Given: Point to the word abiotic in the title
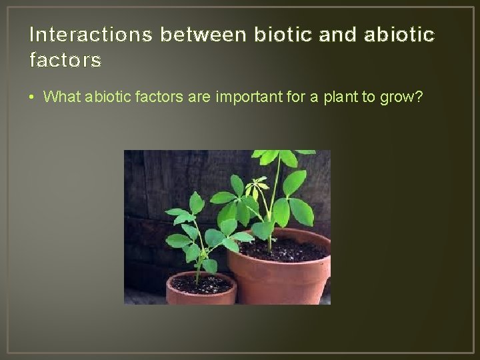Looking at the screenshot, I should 397,34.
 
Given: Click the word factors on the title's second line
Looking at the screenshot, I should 65,61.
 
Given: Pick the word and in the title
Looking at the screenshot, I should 337,34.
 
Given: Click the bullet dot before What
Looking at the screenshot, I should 33,97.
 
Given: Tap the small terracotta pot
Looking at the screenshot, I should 200,297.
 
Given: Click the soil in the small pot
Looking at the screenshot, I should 201,284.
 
